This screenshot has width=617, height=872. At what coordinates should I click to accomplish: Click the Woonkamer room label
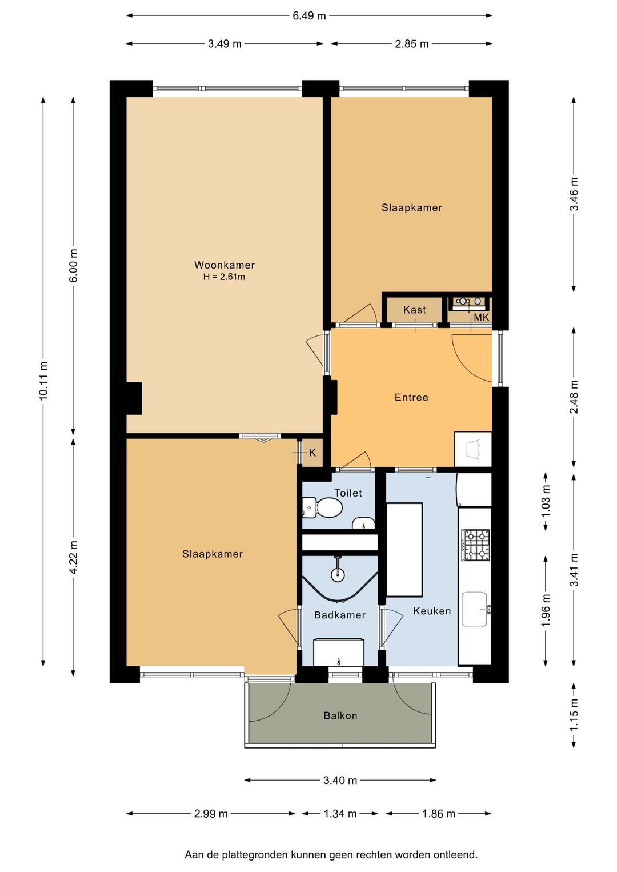click(x=224, y=265)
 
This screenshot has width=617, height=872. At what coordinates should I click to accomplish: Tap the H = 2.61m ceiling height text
click(x=224, y=277)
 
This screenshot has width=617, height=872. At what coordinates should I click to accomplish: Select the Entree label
click(x=411, y=398)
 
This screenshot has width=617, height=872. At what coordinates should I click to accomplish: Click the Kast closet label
click(x=415, y=310)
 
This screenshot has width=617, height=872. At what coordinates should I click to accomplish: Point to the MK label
click(x=481, y=317)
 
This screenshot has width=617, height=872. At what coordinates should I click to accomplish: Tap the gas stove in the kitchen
click(x=475, y=544)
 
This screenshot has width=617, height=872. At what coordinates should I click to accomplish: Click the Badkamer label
click(x=340, y=615)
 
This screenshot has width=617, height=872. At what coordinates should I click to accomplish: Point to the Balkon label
click(x=340, y=715)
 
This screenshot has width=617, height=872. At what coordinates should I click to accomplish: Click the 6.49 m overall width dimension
click(x=309, y=16)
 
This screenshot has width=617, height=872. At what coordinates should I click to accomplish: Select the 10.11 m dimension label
click(x=43, y=381)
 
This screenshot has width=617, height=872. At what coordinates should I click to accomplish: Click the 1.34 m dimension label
click(x=340, y=813)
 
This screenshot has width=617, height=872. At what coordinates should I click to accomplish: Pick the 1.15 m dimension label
click(x=574, y=715)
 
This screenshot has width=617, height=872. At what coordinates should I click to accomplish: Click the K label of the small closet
click(x=312, y=453)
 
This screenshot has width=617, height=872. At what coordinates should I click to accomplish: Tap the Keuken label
click(x=432, y=611)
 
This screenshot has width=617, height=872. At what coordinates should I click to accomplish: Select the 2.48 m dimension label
click(x=574, y=397)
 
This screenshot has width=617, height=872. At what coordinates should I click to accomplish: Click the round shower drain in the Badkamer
click(x=338, y=574)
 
